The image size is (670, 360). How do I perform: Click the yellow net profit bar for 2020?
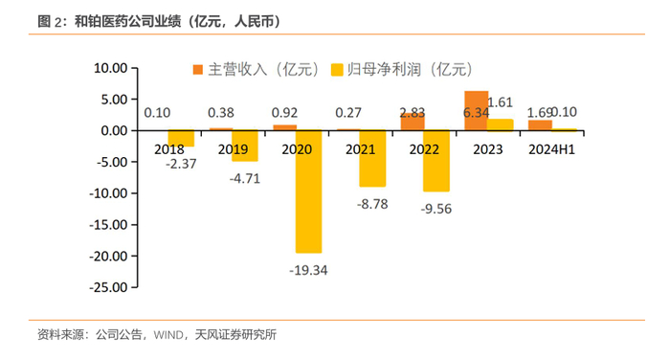click(308, 191)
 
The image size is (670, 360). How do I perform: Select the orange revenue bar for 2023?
click(476, 110)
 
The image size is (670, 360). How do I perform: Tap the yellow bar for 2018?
click(181, 138)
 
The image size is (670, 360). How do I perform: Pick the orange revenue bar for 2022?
click(413, 122)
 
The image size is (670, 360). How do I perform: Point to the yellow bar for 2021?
click(372, 158)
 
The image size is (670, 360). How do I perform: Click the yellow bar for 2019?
click(245, 146)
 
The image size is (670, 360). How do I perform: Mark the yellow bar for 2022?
click(436, 161)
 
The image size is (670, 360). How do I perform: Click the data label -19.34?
click(308, 270)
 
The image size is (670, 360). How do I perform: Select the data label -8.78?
click(372, 204)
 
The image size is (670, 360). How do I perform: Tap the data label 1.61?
click(500, 102)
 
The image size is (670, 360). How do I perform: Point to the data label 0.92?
click(284, 112)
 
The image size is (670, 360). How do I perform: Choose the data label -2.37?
click(181, 164)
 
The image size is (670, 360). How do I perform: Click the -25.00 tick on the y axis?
click(108, 287)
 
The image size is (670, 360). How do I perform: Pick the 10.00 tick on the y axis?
click(111, 68)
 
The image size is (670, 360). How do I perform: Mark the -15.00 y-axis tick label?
click(108, 224)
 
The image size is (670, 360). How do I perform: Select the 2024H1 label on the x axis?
click(551, 149)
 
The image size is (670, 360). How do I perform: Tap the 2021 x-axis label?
click(361, 149)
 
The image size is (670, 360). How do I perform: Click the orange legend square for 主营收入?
click(198, 70)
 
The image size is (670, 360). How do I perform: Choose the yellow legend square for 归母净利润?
click(337, 70)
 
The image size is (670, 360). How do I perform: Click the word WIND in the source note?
click(168, 334)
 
